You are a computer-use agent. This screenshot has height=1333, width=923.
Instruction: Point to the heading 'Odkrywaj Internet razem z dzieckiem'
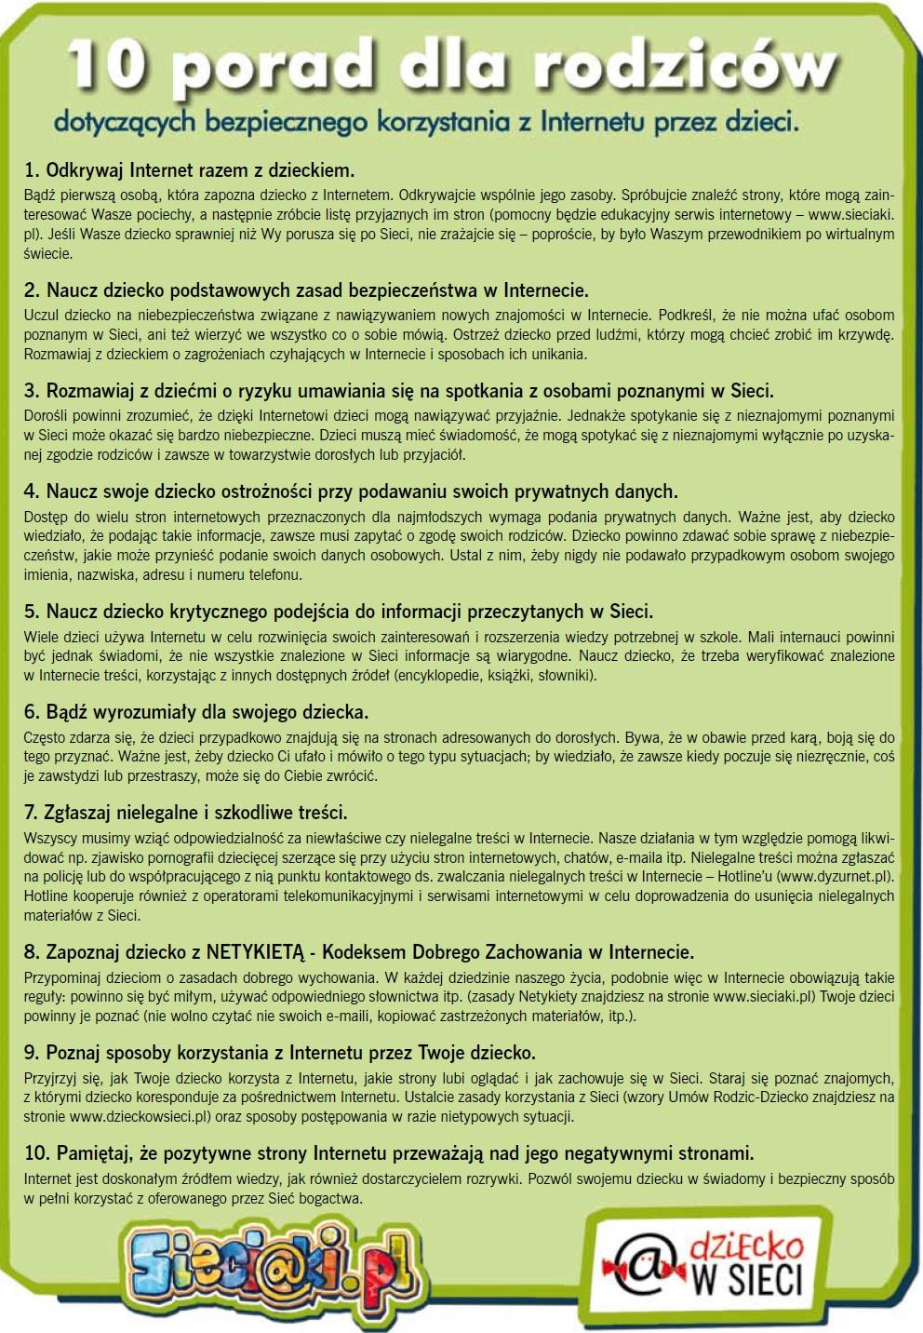(189, 170)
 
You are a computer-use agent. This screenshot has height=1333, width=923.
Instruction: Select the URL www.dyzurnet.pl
(835, 876)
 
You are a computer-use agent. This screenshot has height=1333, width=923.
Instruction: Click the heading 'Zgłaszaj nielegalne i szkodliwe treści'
(185, 813)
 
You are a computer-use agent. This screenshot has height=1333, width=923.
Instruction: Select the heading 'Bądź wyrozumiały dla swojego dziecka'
(196, 712)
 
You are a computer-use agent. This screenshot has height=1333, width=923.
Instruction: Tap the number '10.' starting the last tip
(37, 1153)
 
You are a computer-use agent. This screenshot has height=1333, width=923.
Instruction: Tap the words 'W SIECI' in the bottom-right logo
(746, 1281)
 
